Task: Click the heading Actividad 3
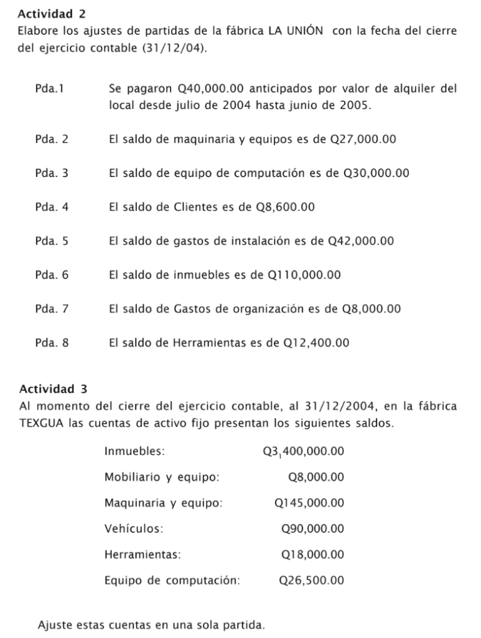click(54, 389)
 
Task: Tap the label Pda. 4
click(52, 207)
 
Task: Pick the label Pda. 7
click(52, 308)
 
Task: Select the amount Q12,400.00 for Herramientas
click(316, 342)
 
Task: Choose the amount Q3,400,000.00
click(304, 451)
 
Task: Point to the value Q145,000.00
click(309, 503)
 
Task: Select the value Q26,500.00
click(312, 581)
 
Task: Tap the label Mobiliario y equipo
click(162, 477)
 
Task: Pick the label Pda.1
click(51, 88)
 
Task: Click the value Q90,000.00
click(313, 529)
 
